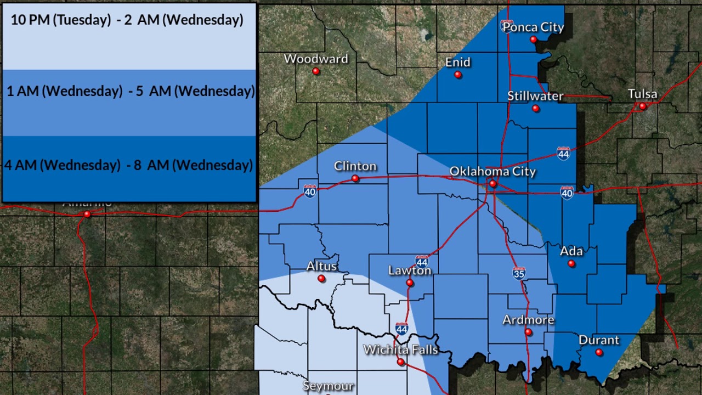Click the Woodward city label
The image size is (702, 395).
pyautogui.click(x=315, y=59)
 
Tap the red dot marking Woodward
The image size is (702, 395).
pyautogui.click(x=316, y=71)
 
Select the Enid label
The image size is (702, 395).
pyautogui.click(x=457, y=62)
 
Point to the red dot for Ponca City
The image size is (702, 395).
pyautogui.click(x=533, y=39)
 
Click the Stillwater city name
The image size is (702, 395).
pyautogui.click(x=535, y=96)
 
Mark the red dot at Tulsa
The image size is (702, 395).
pyautogui.click(x=643, y=106)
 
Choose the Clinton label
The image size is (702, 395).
pyautogui.click(x=355, y=166)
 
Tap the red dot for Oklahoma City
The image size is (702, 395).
pyautogui.click(x=492, y=184)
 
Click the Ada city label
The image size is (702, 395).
pyautogui.click(x=571, y=251)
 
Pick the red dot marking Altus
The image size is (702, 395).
pyautogui.click(x=321, y=279)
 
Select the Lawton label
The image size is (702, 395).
pyautogui.click(x=410, y=270)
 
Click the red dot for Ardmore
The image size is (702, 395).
pyautogui.click(x=528, y=332)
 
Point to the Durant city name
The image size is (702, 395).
pyautogui.click(x=599, y=340)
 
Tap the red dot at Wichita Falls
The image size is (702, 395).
pyautogui.click(x=401, y=362)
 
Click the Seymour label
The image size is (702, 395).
pyautogui.click(x=327, y=386)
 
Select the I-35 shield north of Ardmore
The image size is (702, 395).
pyautogui.click(x=519, y=273)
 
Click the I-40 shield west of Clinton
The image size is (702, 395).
pyautogui.click(x=310, y=191)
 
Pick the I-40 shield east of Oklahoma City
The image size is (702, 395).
pyautogui.click(x=567, y=193)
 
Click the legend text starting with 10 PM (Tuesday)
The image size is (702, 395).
pyautogui.click(x=127, y=20)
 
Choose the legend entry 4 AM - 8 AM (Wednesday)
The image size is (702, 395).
pyautogui.click(x=129, y=165)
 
